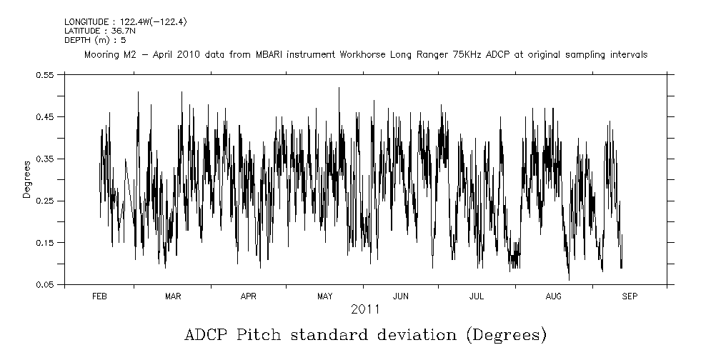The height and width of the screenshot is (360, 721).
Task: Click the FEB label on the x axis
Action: [99, 296]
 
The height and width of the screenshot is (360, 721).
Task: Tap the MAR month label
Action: [173, 296]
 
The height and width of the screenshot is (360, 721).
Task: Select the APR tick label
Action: [248, 296]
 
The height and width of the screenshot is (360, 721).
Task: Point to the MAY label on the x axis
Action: [324, 296]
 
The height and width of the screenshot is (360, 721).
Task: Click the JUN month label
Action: [401, 296]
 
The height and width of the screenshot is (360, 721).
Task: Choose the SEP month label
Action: [629, 296]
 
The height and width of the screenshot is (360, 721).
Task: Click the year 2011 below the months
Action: [364, 309]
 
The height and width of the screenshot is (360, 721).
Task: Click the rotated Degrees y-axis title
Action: [26, 180]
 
